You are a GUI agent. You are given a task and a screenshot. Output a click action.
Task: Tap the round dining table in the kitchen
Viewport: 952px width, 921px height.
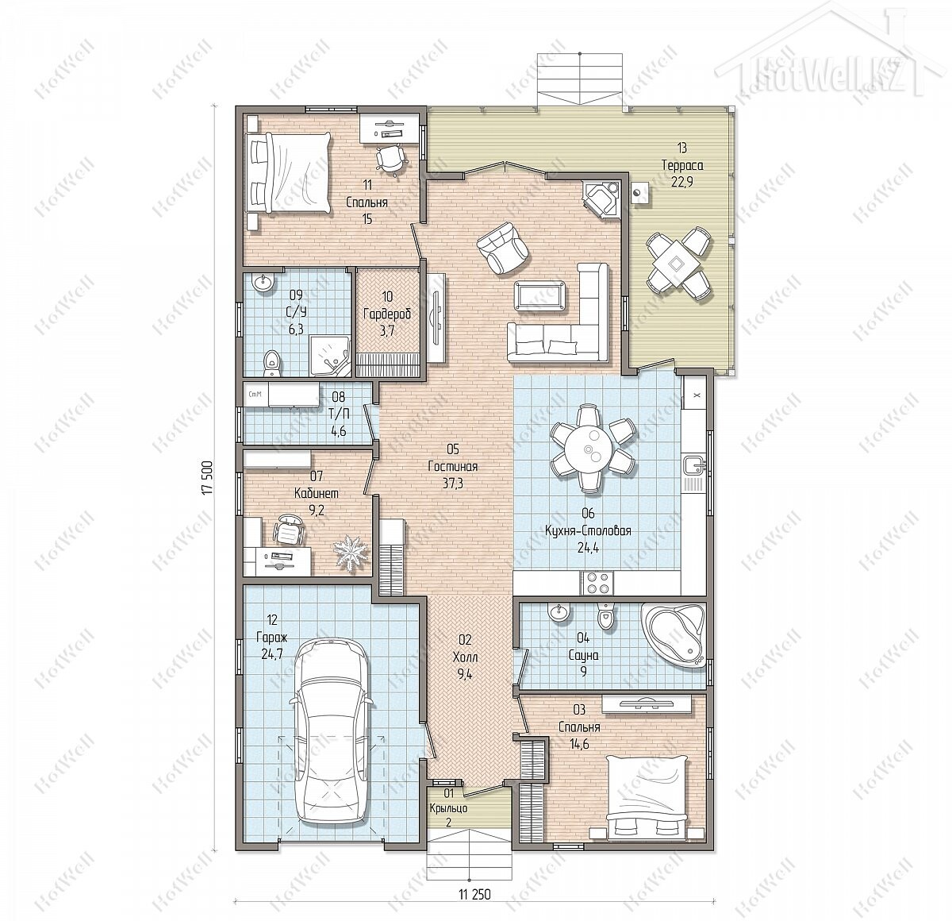click(x=593, y=448)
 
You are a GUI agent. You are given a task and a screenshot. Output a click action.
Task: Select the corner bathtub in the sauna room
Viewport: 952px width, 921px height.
click(x=674, y=634)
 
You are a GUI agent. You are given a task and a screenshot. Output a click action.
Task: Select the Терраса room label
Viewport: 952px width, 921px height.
click(x=682, y=165)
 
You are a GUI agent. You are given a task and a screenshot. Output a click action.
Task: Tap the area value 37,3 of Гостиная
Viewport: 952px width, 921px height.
click(x=452, y=484)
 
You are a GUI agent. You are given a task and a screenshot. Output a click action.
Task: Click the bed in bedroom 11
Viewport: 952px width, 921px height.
click(x=288, y=173)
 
